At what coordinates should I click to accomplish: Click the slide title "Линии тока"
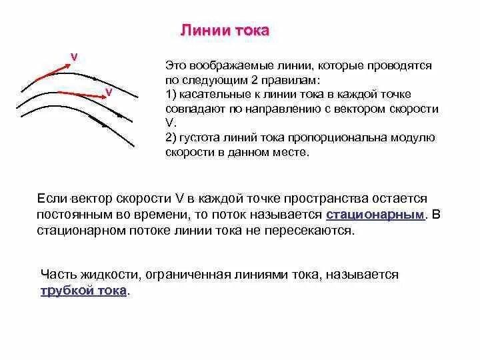[225, 31]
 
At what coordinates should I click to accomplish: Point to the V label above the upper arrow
[74, 57]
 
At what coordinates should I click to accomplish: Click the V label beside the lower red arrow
[108, 91]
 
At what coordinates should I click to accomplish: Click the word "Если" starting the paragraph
[53, 199]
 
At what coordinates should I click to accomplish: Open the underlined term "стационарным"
[375, 215]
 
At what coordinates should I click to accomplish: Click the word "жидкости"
[109, 275]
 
